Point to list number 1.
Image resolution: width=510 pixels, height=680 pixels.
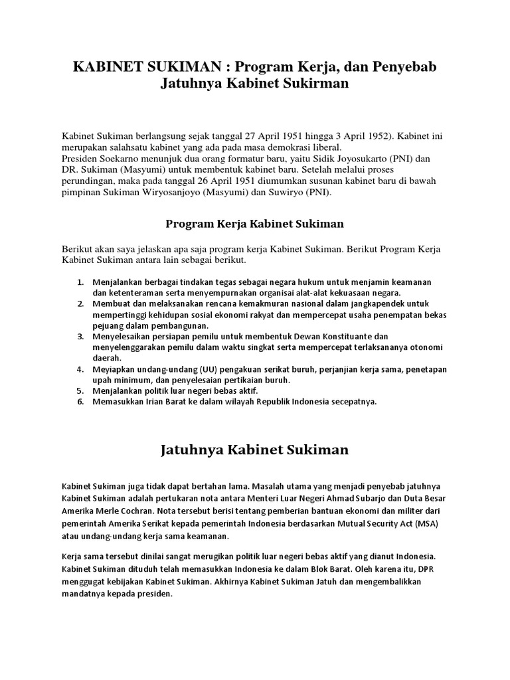pos(80,282)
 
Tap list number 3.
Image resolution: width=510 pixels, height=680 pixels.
pos(80,337)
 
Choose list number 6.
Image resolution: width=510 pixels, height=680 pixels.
pos(80,402)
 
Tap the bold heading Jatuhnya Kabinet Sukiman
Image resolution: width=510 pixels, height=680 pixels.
pos(254,450)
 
